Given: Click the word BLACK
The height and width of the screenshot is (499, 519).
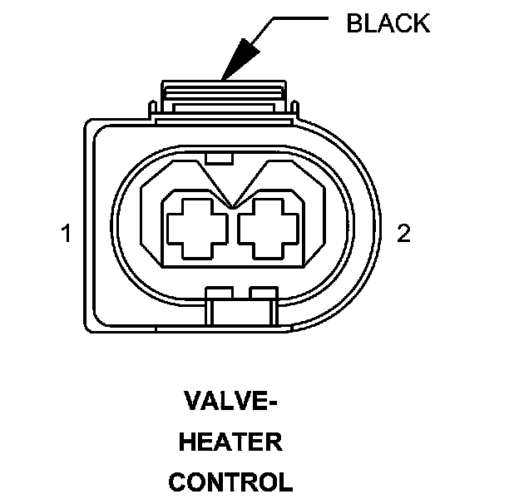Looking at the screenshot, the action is click(388, 23).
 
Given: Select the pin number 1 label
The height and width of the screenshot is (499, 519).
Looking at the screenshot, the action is click(66, 234).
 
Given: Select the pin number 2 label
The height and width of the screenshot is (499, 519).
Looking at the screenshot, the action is click(403, 234).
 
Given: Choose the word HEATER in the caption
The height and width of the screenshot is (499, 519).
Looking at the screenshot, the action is click(231, 442).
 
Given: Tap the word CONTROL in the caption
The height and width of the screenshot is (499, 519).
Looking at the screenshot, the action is click(231, 481).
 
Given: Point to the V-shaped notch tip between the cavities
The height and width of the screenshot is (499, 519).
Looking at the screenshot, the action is click(234, 203).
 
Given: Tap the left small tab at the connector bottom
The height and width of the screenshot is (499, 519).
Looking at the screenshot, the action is click(218, 293).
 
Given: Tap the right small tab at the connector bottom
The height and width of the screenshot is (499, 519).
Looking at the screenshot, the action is click(262, 293).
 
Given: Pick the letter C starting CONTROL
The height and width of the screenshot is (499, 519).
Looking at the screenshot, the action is click(177, 481).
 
